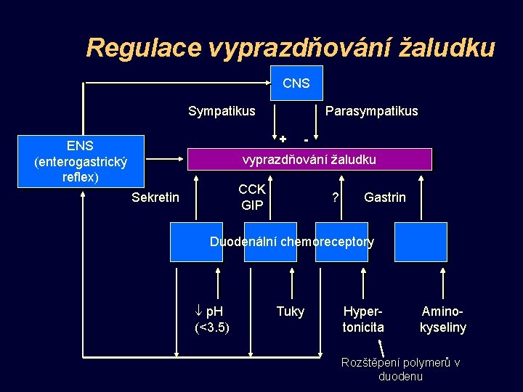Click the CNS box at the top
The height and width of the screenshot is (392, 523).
coord(296,83)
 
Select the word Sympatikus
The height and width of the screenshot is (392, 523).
coord(222,111)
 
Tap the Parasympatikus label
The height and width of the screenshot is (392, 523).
coord(372,111)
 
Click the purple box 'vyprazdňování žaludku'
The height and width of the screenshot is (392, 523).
coord(309,159)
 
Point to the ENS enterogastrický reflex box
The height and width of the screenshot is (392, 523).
coord(81,161)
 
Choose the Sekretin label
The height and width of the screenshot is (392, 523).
coord(155,197)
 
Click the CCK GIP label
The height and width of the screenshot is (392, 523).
coord(251,197)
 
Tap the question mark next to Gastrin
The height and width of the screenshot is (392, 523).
coord(335,197)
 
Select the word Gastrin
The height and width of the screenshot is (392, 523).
coord(384,197)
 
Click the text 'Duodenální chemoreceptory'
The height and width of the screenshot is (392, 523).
coord(292,242)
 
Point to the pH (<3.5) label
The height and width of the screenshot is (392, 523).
coord(212,319)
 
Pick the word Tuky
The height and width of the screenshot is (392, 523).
coord(291,312)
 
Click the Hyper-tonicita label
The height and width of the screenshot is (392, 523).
coord(363,319)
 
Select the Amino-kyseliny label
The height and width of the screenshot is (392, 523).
coord(443,319)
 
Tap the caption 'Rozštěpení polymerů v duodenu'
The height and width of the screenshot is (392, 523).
coord(400,369)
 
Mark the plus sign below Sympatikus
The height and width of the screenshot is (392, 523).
coord(283,139)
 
